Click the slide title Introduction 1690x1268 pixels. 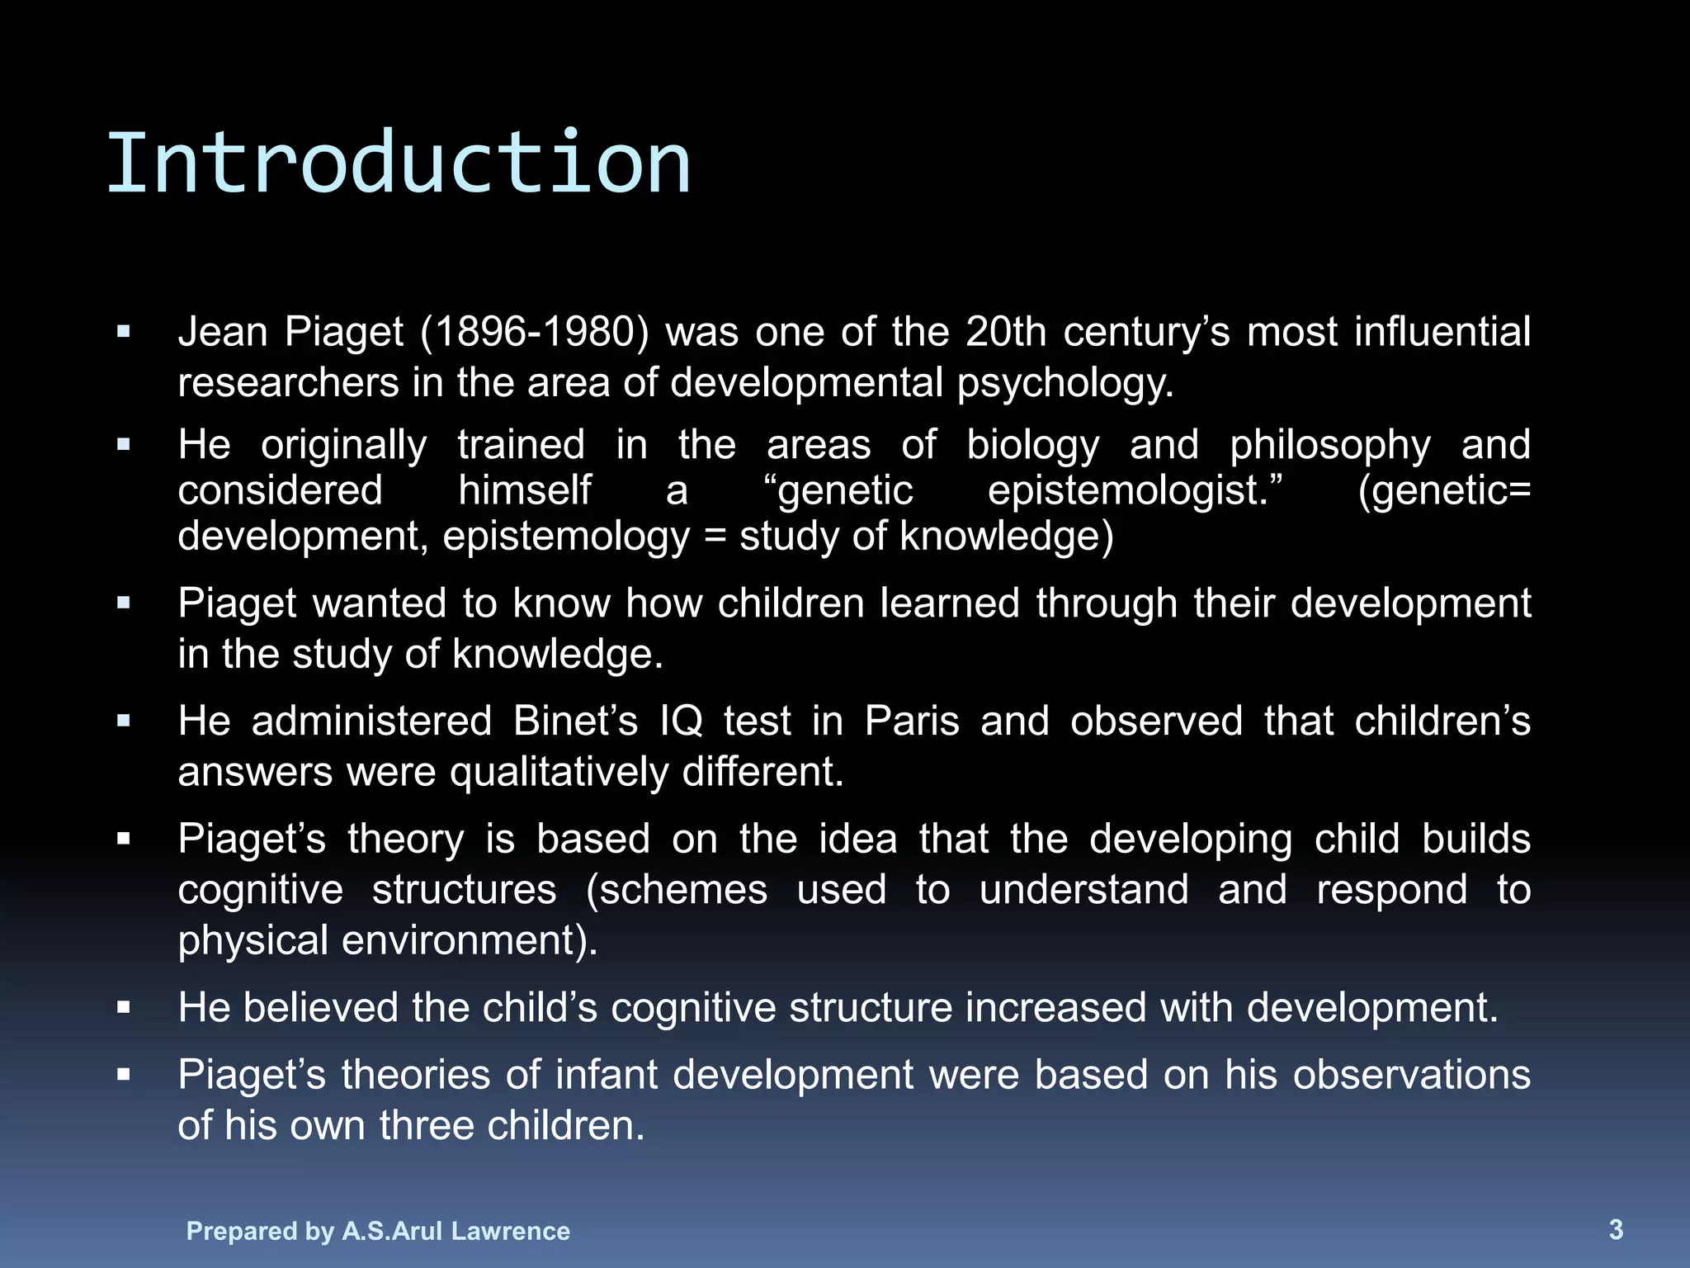click(398, 163)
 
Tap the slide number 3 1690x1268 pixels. click(1616, 1229)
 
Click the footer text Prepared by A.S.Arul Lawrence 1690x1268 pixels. click(378, 1231)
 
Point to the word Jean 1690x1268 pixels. click(223, 333)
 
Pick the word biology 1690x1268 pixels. click(1032, 446)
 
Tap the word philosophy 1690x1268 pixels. click(1329, 446)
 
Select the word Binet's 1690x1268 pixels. click(575, 721)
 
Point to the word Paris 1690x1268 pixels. click(912, 721)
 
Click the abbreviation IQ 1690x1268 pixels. click(681, 721)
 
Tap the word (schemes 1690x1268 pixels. click(677, 891)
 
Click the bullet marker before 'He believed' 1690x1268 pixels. click(124, 1008)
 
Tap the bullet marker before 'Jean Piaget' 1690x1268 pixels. click(124, 333)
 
